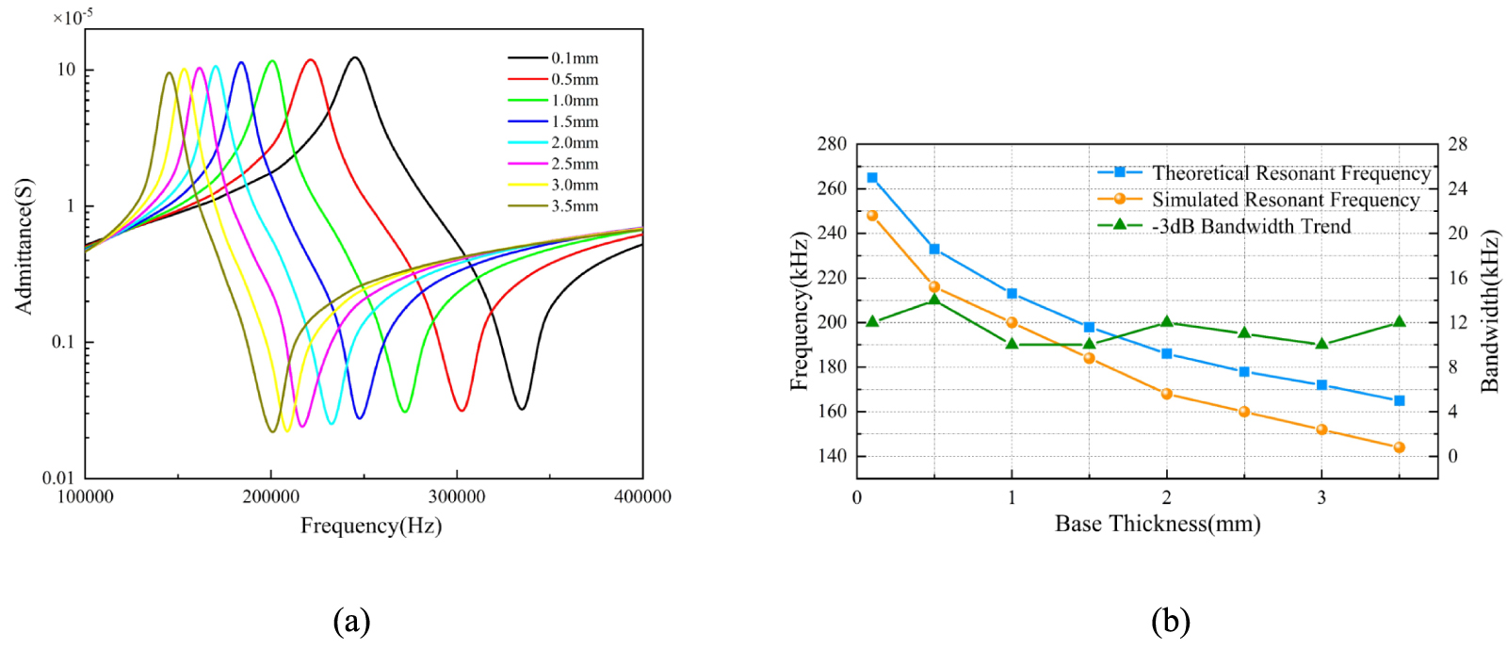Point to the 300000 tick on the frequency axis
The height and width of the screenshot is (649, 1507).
click(457, 496)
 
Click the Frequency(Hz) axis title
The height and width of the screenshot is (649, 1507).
click(371, 526)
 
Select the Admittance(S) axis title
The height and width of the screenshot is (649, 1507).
click(24, 246)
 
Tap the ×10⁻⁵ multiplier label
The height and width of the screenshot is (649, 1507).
click(73, 17)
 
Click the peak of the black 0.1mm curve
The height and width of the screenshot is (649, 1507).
click(354, 57)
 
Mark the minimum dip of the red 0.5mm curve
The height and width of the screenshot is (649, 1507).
click(462, 411)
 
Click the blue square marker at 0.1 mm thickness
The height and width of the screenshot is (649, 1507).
click(872, 177)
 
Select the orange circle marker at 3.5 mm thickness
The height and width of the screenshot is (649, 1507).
click(1399, 447)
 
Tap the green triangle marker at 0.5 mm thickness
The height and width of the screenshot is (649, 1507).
click(934, 300)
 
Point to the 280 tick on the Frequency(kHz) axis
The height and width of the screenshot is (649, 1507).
click(832, 144)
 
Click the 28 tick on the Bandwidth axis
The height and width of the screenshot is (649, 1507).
click(1457, 144)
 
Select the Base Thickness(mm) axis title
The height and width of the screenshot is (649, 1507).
click(1158, 524)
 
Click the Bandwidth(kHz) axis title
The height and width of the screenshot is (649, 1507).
click(1489, 312)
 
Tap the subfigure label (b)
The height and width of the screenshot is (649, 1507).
click(1171, 621)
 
